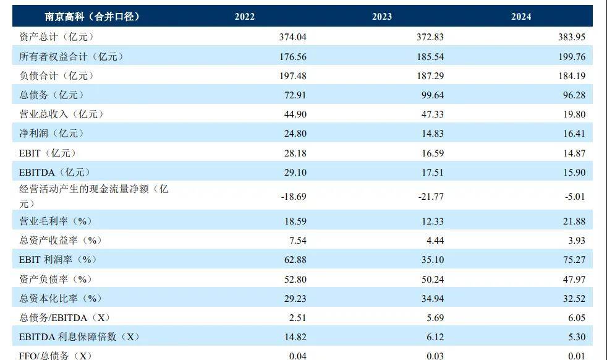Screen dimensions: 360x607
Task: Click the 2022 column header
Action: pyautogui.click(x=244, y=17)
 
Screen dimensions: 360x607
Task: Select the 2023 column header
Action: pyautogui.click(x=382, y=17)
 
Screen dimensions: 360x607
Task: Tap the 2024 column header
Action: pyautogui.click(x=521, y=17)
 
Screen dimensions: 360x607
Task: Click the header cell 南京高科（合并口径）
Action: pyautogui.click(x=92, y=17)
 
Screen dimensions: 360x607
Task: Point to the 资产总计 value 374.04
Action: pyautogui.click(x=293, y=37)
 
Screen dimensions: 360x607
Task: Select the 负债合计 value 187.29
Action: pyautogui.click(x=430, y=76)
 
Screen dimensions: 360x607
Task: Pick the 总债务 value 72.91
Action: pyautogui.click(x=295, y=95)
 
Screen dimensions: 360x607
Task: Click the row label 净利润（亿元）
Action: pyautogui.click(x=51, y=134)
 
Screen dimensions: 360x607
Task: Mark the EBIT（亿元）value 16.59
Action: pyautogui.click(x=433, y=153)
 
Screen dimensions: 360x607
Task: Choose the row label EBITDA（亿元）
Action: pyautogui.click(x=56, y=173)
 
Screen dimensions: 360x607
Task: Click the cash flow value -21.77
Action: pyautogui.click(x=431, y=197)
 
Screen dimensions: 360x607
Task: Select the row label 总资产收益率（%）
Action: pyautogui.click(x=60, y=240)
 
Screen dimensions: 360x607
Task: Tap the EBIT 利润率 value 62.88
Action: pyautogui.click(x=295, y=260)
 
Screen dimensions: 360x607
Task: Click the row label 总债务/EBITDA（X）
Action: pyautogui.click(x=64, y=318)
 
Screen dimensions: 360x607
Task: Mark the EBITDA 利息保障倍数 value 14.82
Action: pyautogui.click(x=295, y=337)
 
